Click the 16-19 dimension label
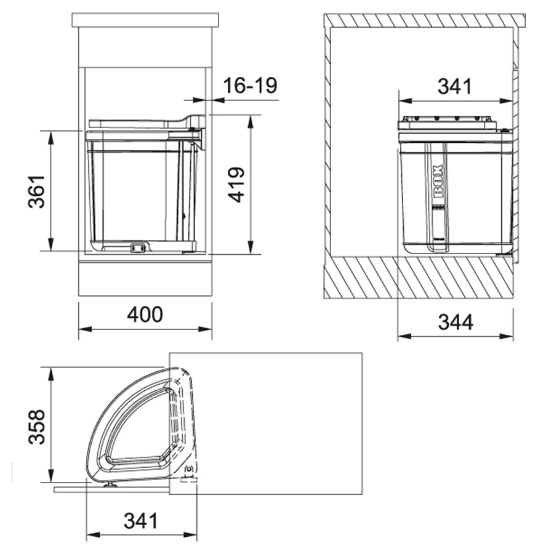[x=250, y=86]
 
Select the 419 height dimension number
[x=236, y=185]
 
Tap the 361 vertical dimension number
[x=37, y=191]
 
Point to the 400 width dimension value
[x=145, y=314]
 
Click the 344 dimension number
[x=456, y=322]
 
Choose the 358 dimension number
[x=37, y=427]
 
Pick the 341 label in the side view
[x=455, y=86]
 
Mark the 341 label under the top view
[x=140, y=521]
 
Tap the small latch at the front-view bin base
[x=138, y=248]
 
